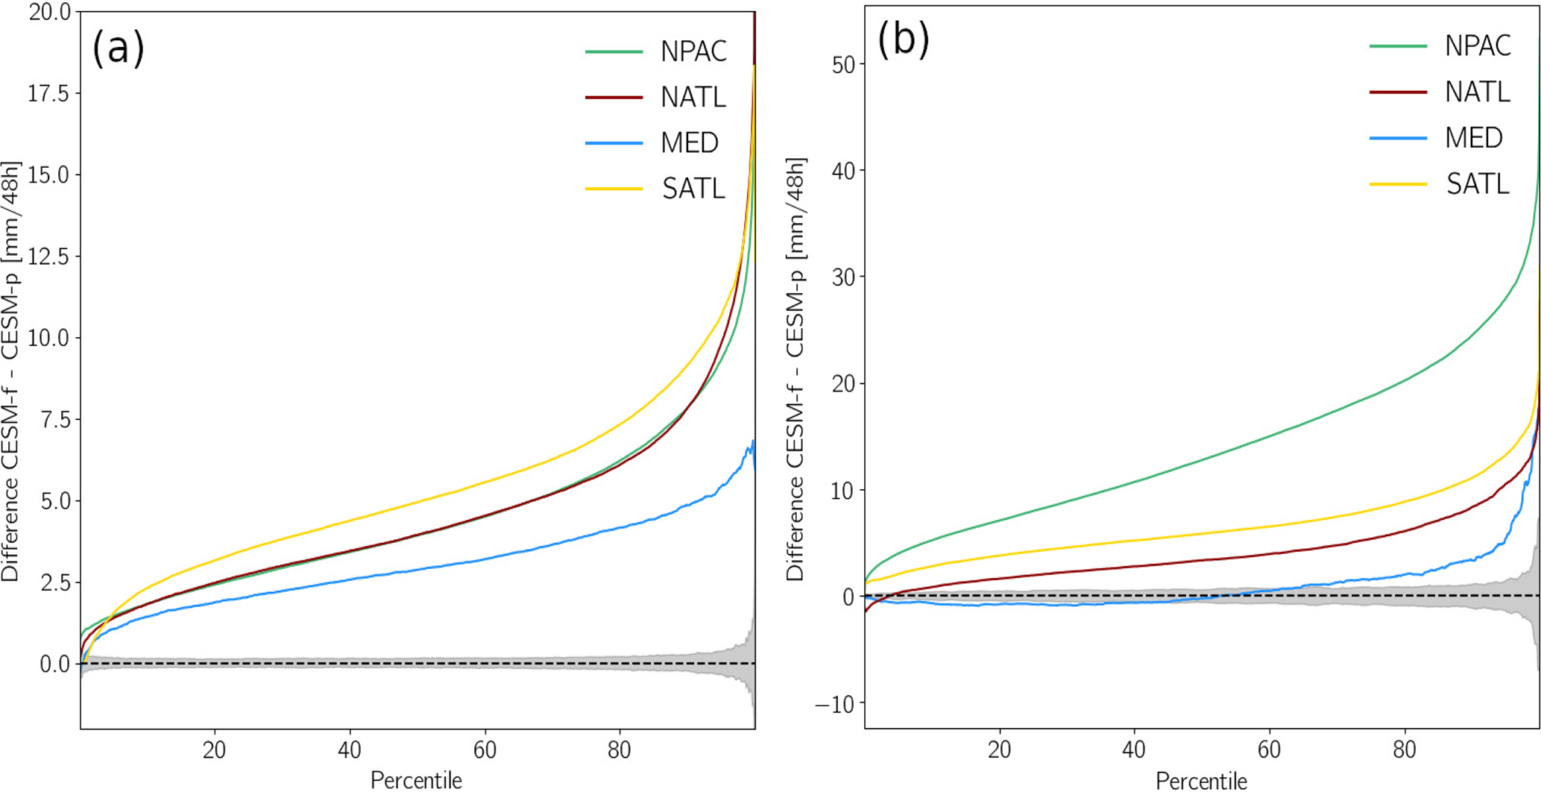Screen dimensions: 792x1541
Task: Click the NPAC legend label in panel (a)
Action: [x=693, y=51]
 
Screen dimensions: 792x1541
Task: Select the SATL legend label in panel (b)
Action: [x=1478, y=183]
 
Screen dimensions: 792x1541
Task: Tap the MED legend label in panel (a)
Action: [x=689, y=142]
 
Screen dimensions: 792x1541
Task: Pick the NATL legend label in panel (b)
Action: [x=1478, y=92]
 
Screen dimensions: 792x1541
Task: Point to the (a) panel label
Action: [x=118, y=48]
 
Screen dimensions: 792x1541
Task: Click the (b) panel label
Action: [x=903, y=39]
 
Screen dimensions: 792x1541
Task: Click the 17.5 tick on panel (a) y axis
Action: [x=48, y=93]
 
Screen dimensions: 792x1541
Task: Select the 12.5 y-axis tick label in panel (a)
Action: [x=48, y=257]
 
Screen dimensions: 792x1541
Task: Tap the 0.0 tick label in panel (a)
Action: [x=54, y=664]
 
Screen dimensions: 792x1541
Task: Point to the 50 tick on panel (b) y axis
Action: [x=843, y=65]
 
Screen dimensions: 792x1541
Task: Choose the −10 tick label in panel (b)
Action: [x=835, y=703]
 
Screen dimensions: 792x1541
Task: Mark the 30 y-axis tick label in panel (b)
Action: [x=843, y=277]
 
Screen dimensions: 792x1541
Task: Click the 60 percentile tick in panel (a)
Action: [x=485, y=749]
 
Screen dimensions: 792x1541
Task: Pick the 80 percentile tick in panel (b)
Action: [x=1405, y=749]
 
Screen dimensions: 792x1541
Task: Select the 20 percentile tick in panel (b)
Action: [x=999, y=749]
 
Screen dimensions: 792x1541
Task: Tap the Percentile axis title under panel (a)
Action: [x=416, y=780]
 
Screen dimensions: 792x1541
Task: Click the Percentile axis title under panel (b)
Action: [x=1201, y=780]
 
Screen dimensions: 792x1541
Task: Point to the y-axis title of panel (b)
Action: [x=795, y=369]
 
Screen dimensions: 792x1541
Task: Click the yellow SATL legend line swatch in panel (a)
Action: [x=614, y=189]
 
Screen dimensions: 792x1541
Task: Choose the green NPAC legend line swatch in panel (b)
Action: [x=1398, y=46]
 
